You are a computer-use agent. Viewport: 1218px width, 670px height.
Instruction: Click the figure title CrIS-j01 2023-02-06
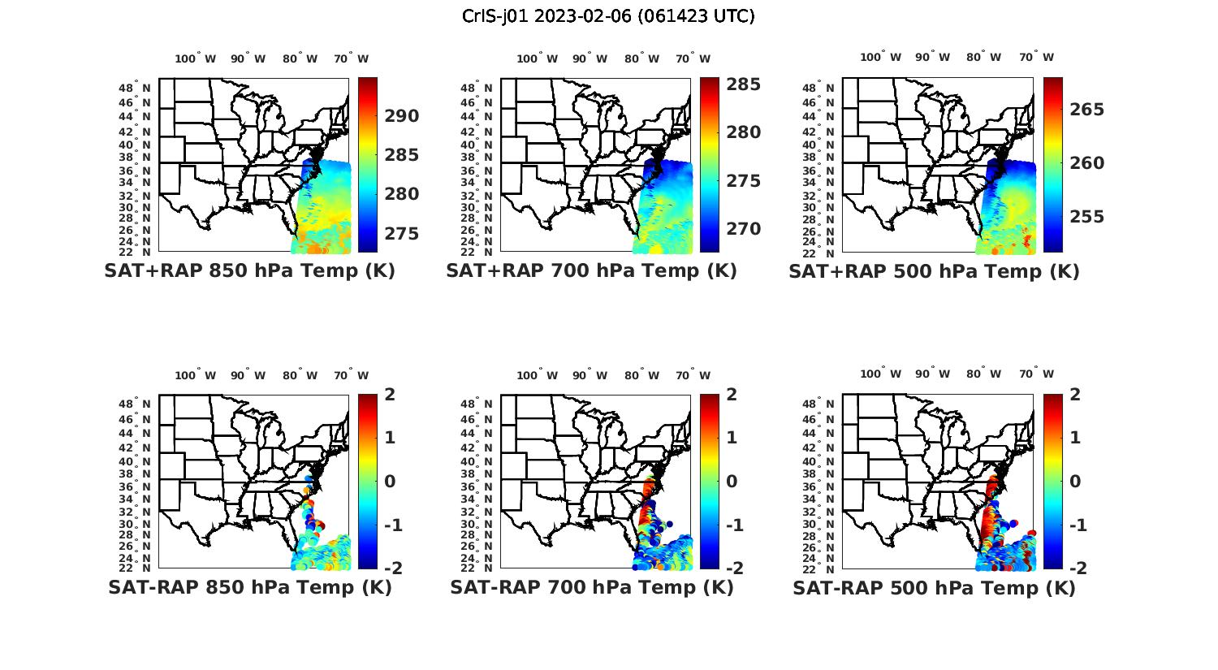click(608, 15)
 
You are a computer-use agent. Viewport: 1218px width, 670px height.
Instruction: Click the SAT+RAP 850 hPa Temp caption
click(249, 270)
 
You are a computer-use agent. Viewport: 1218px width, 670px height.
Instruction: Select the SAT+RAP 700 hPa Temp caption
click(591, 270)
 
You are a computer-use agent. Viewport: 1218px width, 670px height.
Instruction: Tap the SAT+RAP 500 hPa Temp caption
click(934, 271)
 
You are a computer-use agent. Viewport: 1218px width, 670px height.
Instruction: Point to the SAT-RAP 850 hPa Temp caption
click(249, 587)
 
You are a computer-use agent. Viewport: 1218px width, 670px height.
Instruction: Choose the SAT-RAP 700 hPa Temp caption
click(591, 587)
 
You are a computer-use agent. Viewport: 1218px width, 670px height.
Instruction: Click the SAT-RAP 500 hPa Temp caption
click(934, 588)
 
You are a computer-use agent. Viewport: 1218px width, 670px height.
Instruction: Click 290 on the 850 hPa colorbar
click(401, 116)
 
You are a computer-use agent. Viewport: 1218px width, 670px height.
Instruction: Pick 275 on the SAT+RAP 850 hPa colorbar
click(401, 233)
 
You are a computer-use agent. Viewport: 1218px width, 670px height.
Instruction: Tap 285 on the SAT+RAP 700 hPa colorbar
click(743, 84)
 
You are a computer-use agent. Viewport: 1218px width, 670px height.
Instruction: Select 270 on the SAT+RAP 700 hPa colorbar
click(743, 229)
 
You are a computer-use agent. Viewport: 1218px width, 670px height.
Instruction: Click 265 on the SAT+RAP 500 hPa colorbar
click(1086, 109)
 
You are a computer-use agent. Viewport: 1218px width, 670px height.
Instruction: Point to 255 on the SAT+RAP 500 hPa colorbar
click(1086, 216)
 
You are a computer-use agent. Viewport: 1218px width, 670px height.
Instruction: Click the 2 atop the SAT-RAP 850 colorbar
click(390, 395)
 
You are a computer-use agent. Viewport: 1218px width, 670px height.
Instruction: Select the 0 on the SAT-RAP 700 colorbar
click(732, 481)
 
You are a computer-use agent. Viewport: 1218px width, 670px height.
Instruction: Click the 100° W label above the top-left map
click(195, 58)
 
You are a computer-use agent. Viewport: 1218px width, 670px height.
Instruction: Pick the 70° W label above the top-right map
click(1035, 57)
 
